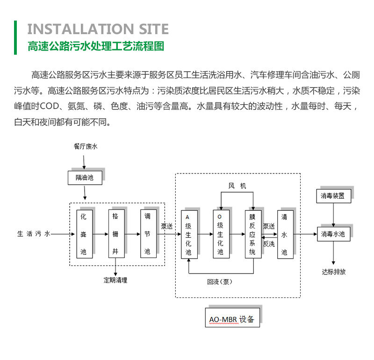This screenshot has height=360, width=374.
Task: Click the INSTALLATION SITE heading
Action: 98,29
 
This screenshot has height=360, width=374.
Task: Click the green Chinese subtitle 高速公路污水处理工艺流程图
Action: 96,47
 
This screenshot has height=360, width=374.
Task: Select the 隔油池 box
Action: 85,178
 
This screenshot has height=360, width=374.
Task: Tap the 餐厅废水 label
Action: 85,147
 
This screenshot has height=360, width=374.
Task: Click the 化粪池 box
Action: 84,234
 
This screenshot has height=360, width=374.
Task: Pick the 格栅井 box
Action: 115,234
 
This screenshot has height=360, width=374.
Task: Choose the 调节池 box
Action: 147,234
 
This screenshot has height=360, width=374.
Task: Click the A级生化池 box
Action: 189,234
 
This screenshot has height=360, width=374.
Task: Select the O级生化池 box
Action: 221,234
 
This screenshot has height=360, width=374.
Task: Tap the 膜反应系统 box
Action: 252,234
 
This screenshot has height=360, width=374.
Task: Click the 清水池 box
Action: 284,234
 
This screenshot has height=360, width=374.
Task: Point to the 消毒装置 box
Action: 333,196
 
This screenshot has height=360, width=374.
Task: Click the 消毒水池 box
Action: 333,234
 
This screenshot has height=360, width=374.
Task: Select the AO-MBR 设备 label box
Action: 232,320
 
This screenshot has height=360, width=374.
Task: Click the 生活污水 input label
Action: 33,234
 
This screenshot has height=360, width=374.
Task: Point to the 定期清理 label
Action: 115,281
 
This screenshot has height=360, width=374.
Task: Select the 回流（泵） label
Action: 220,281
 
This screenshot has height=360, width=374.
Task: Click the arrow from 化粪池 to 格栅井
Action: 100,234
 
